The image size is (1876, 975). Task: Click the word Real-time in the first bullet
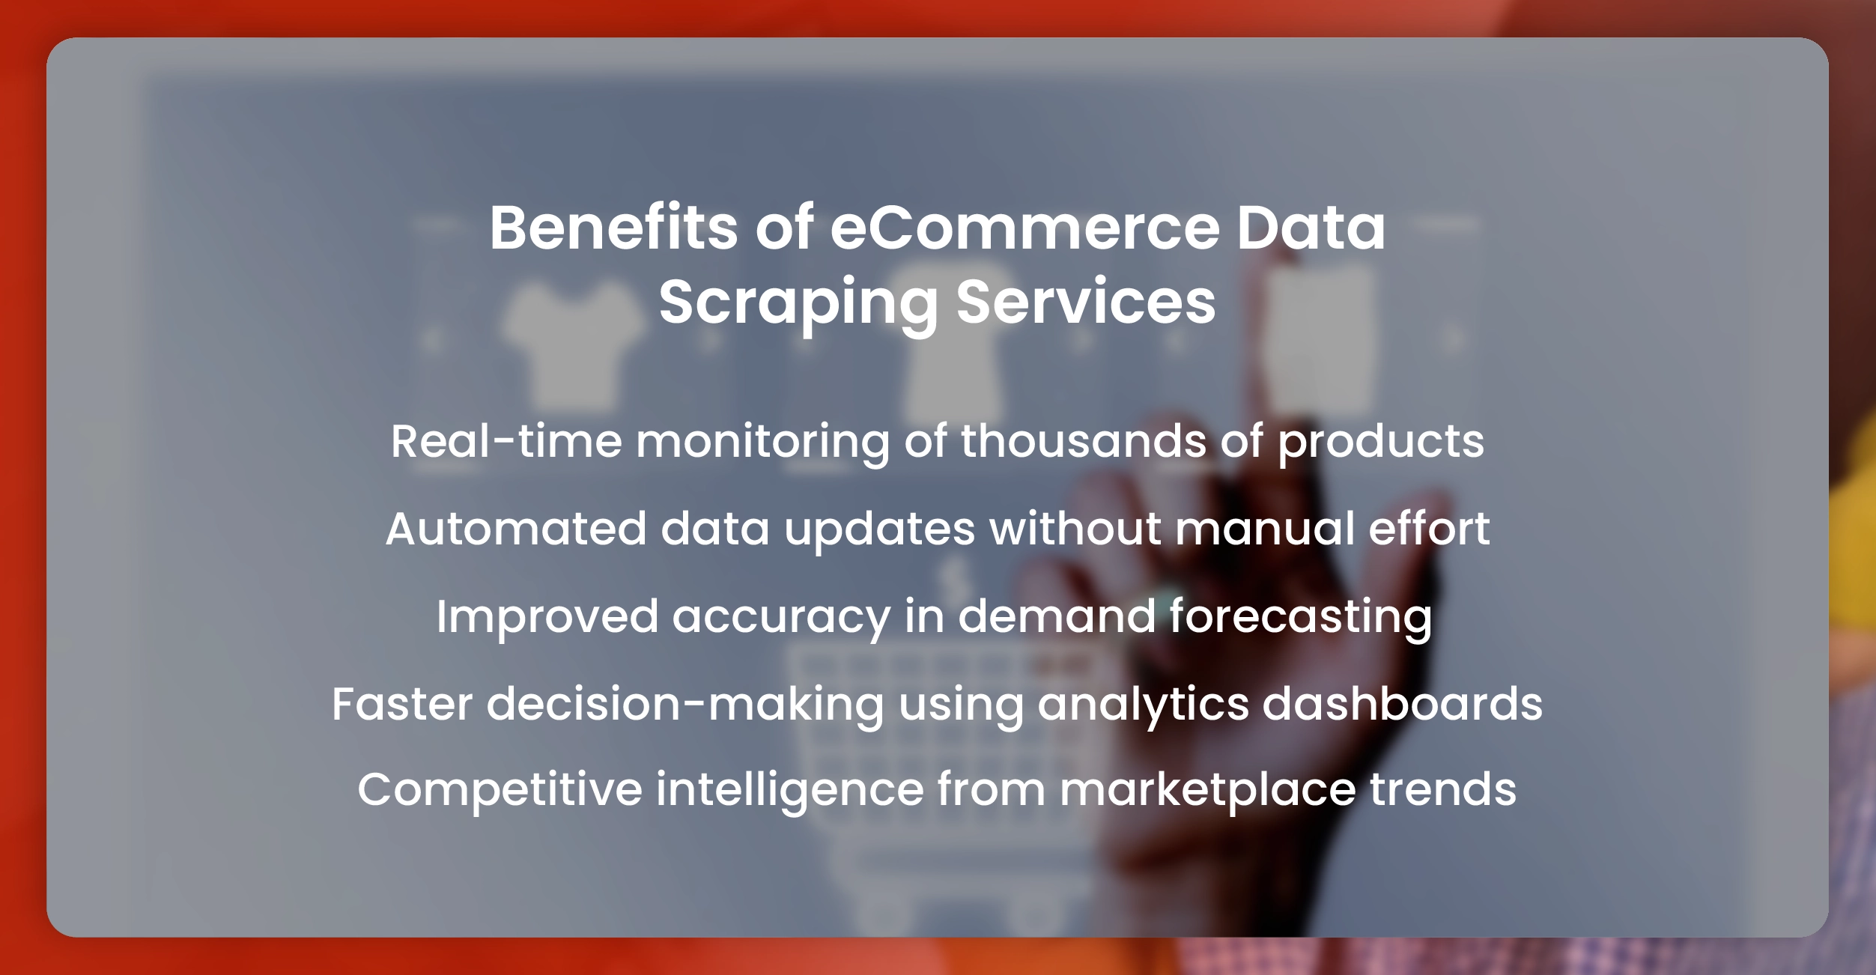pos(506,441)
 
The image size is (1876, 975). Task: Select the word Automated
pos(516,529)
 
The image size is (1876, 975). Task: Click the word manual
pos(1266,529)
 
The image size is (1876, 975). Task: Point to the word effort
pos(1430,529)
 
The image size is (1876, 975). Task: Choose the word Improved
pos(547,618)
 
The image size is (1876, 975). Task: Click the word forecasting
pos(1301,618)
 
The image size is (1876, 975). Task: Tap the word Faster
pos(402,705)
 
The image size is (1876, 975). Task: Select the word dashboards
pos(1403,705)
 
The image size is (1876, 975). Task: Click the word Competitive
pos(500,790)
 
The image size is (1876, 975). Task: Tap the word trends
pos(1443,790)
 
